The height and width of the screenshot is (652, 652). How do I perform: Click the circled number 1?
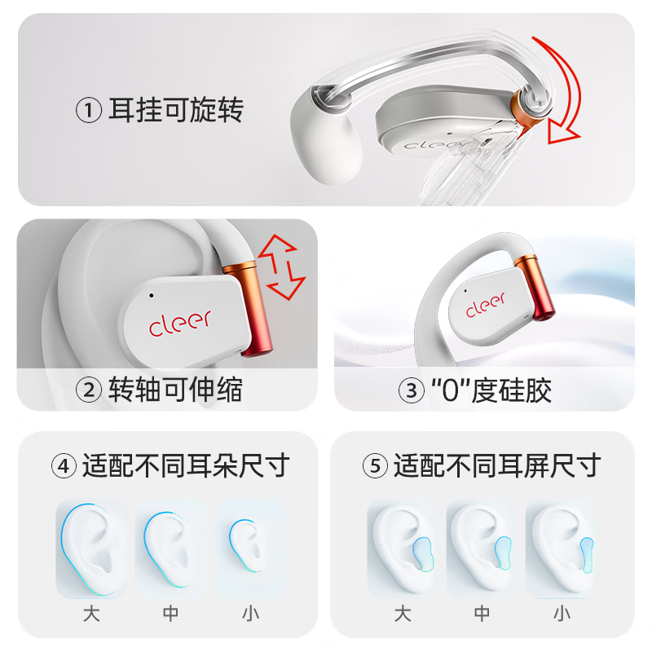point(89,110)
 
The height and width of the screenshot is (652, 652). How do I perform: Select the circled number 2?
point(88,390)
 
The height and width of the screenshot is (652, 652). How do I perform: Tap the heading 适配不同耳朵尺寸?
point(185,466)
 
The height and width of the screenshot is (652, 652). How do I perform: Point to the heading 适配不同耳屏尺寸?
point(496,466)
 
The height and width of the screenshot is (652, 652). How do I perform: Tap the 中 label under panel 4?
point(170,613)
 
